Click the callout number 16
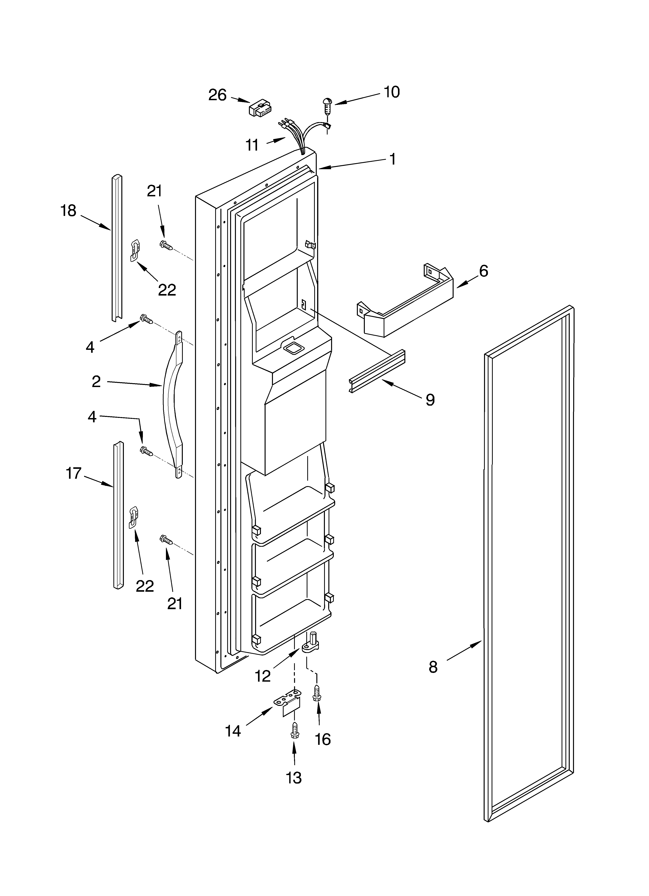323,739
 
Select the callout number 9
430,400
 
